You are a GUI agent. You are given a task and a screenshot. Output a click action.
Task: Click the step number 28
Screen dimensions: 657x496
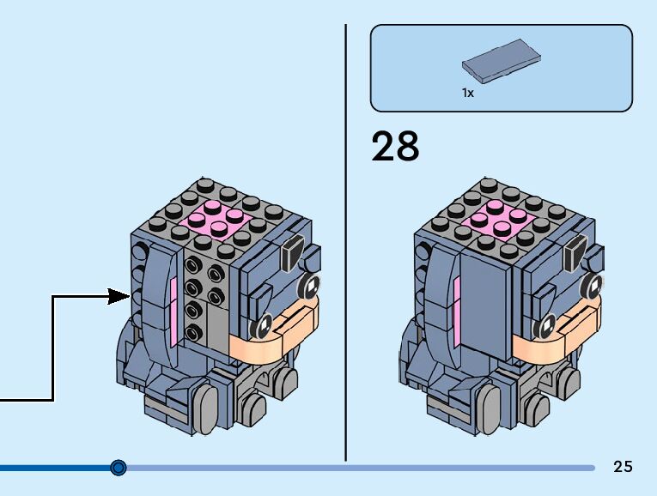[395, 147]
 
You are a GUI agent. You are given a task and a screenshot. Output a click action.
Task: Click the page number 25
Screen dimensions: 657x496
[623, 467]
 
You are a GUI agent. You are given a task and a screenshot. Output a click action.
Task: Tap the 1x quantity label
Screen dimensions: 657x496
[467, 93]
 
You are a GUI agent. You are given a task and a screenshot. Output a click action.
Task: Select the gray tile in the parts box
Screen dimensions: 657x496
[502, 60]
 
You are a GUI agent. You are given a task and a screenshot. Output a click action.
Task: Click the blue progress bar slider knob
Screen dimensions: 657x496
[119, 468]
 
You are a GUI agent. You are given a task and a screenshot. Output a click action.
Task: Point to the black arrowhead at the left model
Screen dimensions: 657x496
[119, 297]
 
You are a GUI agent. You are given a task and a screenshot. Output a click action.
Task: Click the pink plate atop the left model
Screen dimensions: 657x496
[218, 220]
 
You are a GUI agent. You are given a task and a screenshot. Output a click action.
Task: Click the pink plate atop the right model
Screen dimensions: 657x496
[500, 220]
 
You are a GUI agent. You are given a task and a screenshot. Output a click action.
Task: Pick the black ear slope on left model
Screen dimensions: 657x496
[291, 253]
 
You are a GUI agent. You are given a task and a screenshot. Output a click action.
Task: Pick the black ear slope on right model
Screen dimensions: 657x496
[573, 253]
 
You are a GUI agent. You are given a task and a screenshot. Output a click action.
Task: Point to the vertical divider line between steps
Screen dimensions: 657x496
[346, 240]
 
